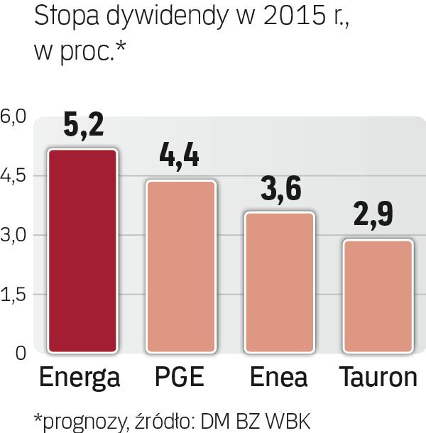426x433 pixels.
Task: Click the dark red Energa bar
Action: coord(83,250)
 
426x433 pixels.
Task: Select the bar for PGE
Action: coord(180,265)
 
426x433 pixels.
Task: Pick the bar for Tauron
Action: coord(378,295)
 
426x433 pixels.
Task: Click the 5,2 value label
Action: coord(84,126)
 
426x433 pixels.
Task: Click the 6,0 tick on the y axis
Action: coord(13,116)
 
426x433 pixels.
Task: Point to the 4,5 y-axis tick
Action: coord(13,175)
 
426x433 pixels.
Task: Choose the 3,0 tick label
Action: coord(13,235)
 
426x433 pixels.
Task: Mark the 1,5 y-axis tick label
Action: coord(13,295)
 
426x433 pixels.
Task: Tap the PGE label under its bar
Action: coord(180,377)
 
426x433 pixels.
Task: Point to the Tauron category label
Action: coord(378,377)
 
